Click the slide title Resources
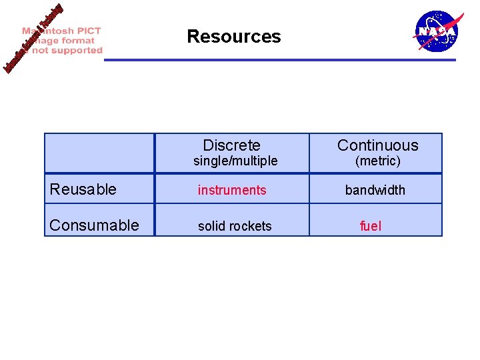(233, 36)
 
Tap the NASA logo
(437, 31)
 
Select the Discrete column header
(231, 145)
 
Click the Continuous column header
(377, 145)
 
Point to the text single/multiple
(235, 161)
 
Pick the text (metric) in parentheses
(377, 161)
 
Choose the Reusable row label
(83, 189)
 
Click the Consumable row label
(94, 225)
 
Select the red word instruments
(231, 190)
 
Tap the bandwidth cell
(375, 190)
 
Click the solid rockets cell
(235, 226)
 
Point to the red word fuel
(370, 226)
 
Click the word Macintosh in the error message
(61, 31)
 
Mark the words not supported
(67, 50)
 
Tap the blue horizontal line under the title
(280, 60)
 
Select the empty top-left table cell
(99, 153)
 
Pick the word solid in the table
(210, 226)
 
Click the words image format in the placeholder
(64, 41)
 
